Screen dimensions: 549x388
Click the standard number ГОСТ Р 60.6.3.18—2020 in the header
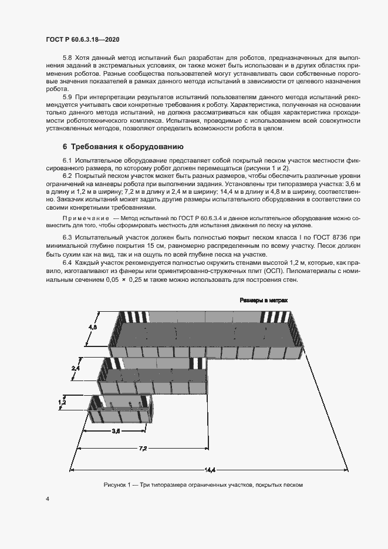(x=84, y=39)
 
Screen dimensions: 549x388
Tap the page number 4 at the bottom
(x=48, y=499)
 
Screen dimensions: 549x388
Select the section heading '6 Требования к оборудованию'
(x=124, y=146)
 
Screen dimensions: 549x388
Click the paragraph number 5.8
(x=67, y=58)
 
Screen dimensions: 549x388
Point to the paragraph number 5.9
(x=67, y=96)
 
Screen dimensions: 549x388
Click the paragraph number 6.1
(x=67, y=160)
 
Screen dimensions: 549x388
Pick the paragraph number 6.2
(x=67, y=176)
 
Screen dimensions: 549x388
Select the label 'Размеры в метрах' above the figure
(x=263, y=300)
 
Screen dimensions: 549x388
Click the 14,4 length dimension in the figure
(x=210, y=469)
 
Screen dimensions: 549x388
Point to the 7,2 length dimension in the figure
(x=143, y=449)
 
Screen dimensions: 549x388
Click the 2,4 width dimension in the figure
(x=75, y=368)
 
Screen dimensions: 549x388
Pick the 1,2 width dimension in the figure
(x=62, y=403)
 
